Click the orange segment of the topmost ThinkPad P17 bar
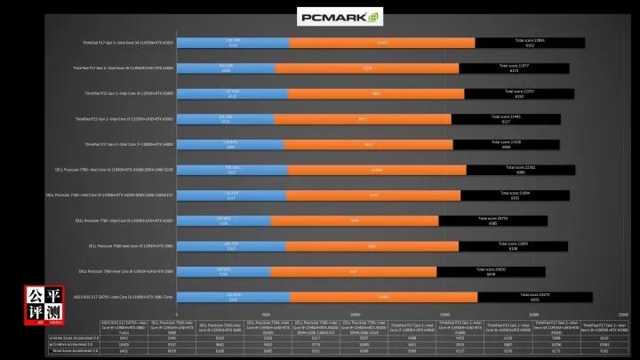pos(382,42)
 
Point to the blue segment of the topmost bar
pos(234,42)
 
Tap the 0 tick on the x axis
pos(177,314)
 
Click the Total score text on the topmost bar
pos(530,40)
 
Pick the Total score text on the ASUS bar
pos(534,295)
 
